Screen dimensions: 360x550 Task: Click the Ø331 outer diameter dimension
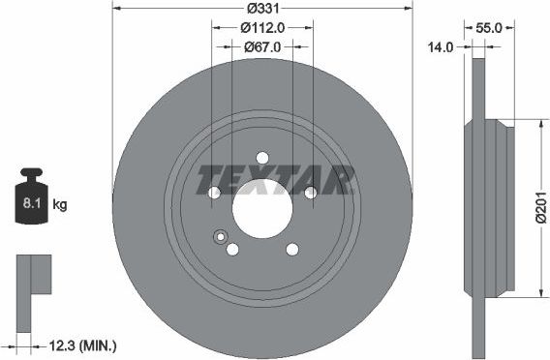pos(262,8)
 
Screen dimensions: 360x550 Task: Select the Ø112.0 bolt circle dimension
pos(262,28)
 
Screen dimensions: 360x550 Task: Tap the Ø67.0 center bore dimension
pos(262,46)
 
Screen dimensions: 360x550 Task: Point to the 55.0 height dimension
pos(489,28)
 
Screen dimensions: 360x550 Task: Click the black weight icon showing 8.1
pos(32,200)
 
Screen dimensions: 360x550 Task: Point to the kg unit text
pos(60,205)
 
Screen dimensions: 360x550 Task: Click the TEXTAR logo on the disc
pos(276,179)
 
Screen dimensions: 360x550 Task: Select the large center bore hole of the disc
pos(262,208)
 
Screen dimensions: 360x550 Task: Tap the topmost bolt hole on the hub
pos(262,158)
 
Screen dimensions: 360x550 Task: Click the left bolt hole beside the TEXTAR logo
pos(214,193)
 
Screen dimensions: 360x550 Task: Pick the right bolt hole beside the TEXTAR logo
pos(311,193)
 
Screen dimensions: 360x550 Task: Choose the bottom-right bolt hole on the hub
pos(292,249)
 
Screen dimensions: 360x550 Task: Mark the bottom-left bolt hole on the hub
pos(232,249)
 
